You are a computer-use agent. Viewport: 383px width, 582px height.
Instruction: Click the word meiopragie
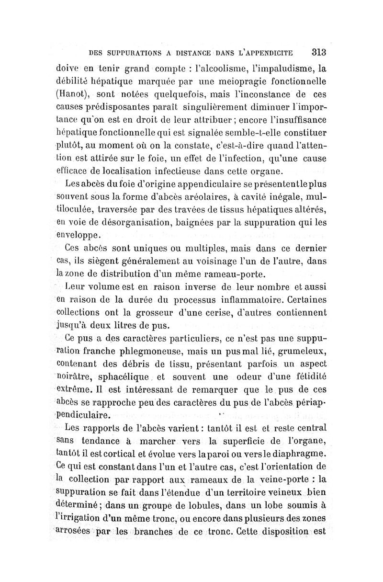(217, 80)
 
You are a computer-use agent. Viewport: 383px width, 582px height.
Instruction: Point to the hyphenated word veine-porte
(278, 478)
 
